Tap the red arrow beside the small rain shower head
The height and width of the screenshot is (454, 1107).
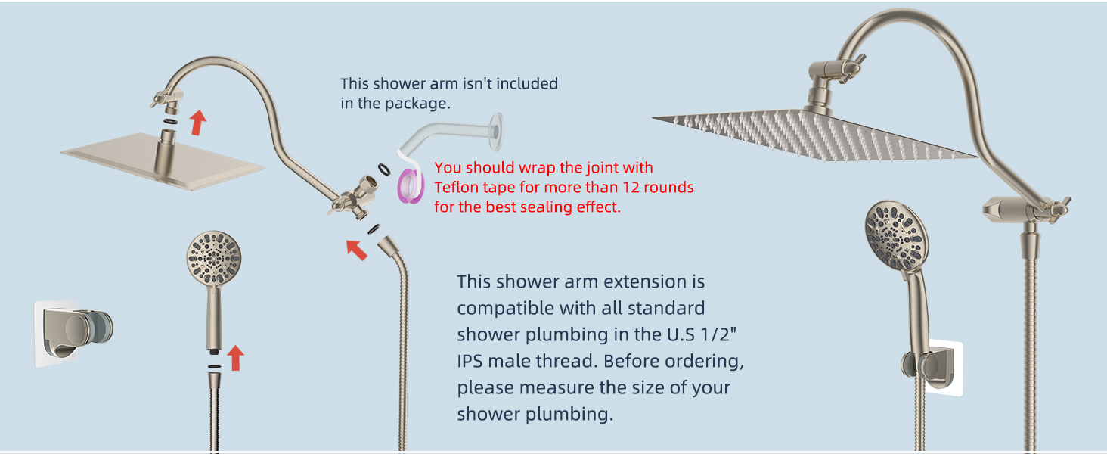[197, 122]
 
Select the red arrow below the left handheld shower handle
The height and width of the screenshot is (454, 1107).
[236, 357]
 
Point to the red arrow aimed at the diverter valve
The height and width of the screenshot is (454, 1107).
[356, 248]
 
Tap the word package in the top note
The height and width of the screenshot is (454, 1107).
[417, 103]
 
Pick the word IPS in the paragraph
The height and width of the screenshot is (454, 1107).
[470, 361]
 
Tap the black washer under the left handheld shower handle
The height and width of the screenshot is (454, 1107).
[214, 365]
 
